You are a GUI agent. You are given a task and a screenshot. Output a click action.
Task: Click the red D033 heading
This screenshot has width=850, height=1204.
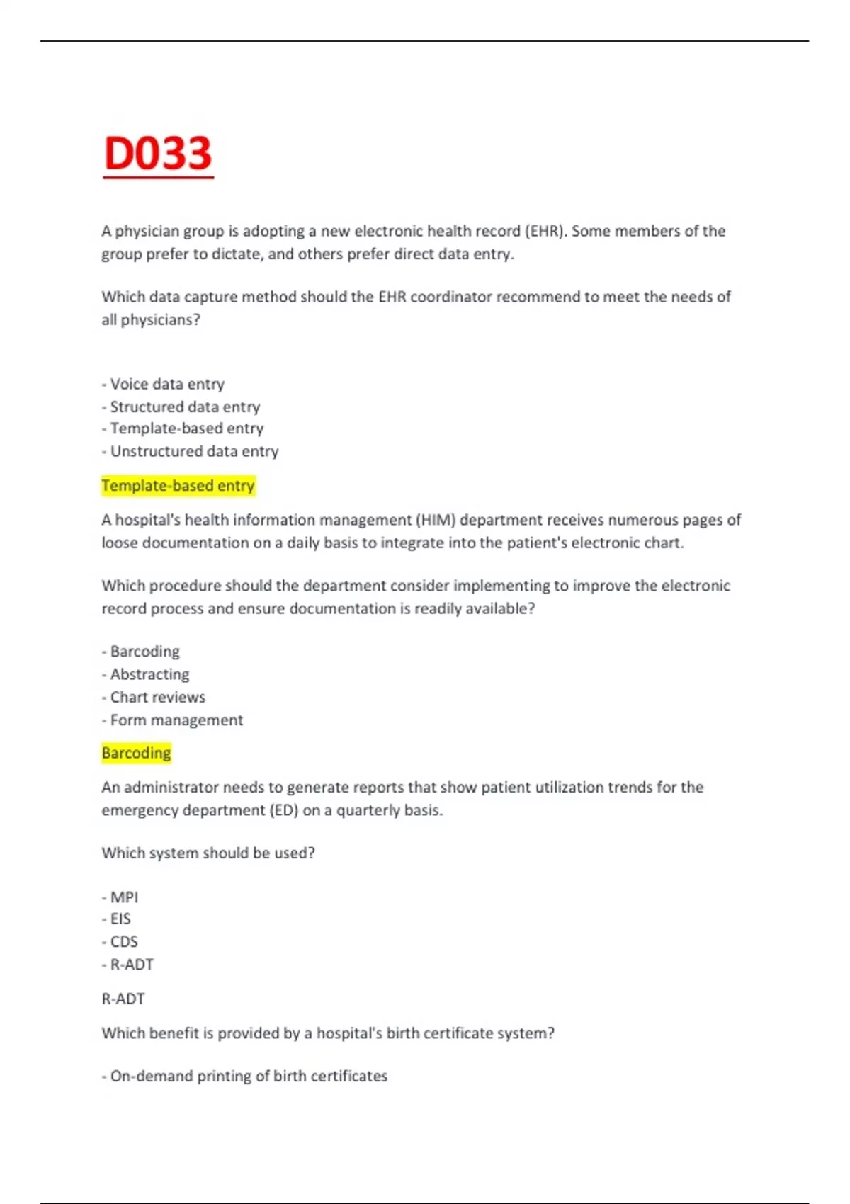pyautogui.click(x=157, y=154)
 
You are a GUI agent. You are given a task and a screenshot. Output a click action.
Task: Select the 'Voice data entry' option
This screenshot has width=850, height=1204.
pyautogui.click(x=166, y=384)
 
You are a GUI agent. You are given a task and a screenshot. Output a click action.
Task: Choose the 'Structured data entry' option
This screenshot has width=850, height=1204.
pyautogui.click(x=184, y=407)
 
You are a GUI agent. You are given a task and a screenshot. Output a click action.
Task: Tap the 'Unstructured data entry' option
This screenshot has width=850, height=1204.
pyautogui.click(x=193, y=451)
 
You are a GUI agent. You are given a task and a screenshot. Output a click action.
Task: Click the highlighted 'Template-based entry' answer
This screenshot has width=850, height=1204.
pyautogui.click(x=178, y=486)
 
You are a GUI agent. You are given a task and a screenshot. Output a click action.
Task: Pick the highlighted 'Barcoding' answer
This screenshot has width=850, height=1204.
pyautogui.click(x=136, y=753)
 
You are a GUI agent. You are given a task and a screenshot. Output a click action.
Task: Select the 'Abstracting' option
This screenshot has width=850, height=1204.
pyautogui.click(x=149, y=674)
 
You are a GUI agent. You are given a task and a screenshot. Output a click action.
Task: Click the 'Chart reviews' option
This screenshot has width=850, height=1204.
pyautogui.click(x=157, y=697)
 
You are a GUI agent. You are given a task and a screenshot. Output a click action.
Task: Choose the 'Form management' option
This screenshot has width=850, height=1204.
pyautogui.click(x=176, y=720)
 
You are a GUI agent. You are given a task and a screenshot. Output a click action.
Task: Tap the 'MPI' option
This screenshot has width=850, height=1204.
pyautogui.click(x=123, y=897)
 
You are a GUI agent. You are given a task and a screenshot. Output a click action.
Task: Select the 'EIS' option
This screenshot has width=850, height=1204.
pyautogui.click(x=120, y=919)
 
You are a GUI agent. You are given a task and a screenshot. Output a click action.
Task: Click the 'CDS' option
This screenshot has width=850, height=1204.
pyautogui.click(x=123, y=942)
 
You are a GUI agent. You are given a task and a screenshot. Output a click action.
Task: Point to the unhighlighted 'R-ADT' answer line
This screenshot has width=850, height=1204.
pyautogui.click(x=123, y=999)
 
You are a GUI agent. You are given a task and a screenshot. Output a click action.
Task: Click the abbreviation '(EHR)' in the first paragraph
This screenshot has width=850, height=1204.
pyautogui.click(x=545, y=231)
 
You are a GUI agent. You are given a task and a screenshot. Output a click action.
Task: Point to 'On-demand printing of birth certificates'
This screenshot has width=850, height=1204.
pyautogui.click(x=248, y=1077)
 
